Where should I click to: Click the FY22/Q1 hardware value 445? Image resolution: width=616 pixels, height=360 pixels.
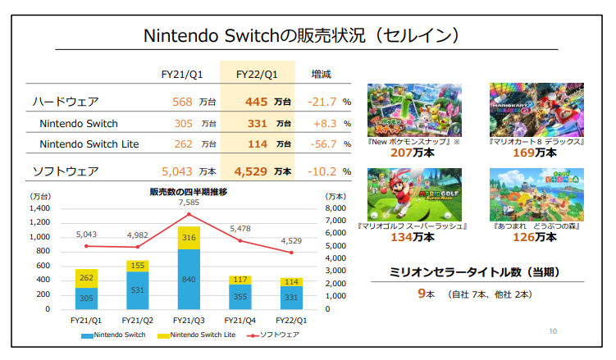pyautogui.click(x=257, y=102)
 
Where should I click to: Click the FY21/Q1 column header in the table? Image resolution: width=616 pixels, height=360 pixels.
pyautogui.click(x=182, y=74)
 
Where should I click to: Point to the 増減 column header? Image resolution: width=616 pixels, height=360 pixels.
pyautogui.click(x=321, y=74)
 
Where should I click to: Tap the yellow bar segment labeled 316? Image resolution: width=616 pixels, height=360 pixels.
pyautogui.click(x=189, y=238)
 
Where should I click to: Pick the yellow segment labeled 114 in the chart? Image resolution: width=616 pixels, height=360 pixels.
pyautogui.click(x=291, y=281)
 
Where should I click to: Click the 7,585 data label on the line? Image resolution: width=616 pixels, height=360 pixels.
pyautogui.click(x=189, y=203)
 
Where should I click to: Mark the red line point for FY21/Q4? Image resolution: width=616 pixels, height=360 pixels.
pyautogui.click(x=240, y=240)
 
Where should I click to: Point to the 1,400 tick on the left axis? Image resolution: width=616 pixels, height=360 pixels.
pyautogui.click(x=39, y=208)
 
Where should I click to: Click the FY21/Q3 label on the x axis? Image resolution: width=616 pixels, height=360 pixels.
pyautogui.click(x=189, y=321)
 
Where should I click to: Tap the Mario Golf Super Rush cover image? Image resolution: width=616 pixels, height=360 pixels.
pyautogui.click(x=413, y=194)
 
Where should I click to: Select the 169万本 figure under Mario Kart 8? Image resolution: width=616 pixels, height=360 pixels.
pyautogui.click(x=536, y=153)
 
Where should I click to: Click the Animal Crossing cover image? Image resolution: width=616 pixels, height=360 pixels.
pyautogui.click(x=536, y=194)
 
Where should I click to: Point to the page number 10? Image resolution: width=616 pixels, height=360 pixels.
pyautogui.click(x=551, y=331)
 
